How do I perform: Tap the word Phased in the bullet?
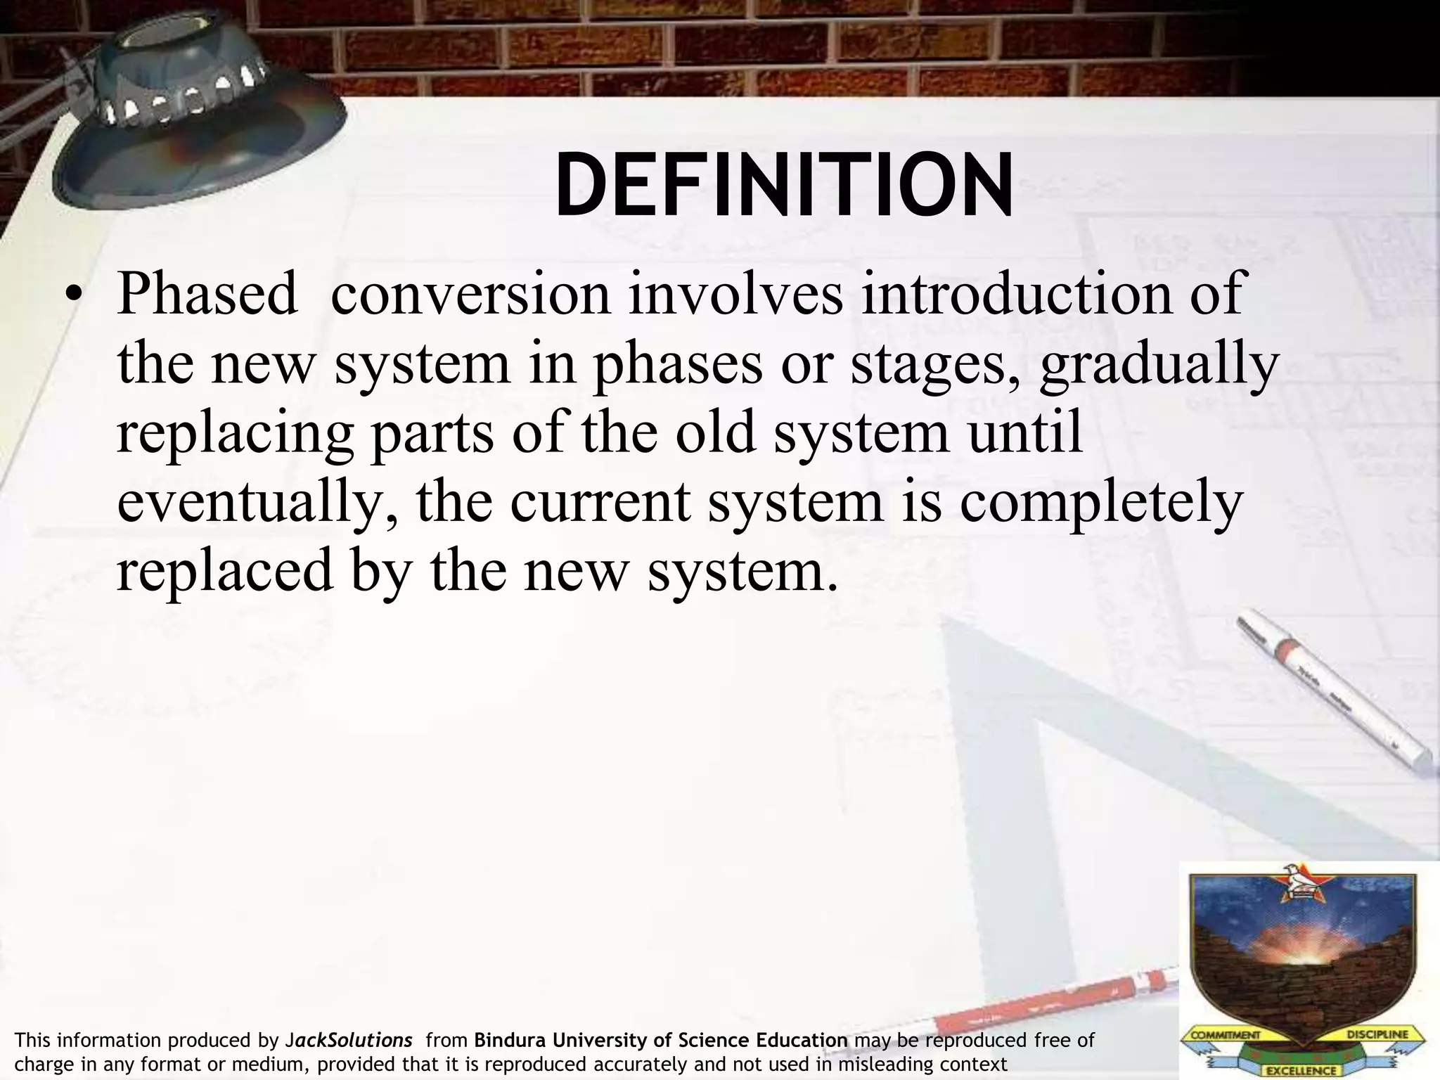click(207, 294)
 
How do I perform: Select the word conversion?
click(470, 294)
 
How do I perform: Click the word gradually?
click(1158, 364)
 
